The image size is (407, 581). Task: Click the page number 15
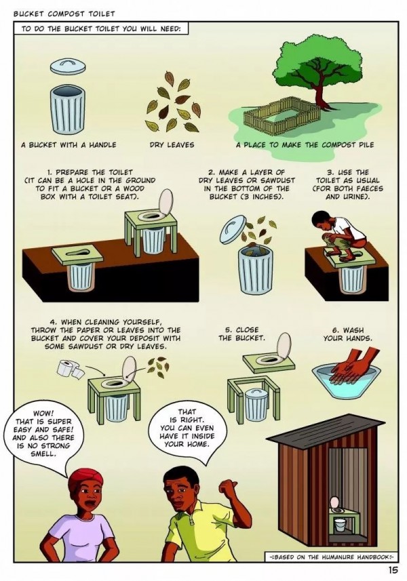click(x=393, y=571)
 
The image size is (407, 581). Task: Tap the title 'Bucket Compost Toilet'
click(x=64, y=14)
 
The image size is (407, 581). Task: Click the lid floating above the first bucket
click(x=68, y=66)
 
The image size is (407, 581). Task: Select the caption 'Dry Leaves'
click(x=172, y=144)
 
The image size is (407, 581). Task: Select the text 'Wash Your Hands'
click(x=348, y=334)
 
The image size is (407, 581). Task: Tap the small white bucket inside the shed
click(x=340, y=525)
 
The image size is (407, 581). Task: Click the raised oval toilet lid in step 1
click(x=166, y=202)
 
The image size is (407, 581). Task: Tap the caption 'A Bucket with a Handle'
click(x=69, y=144)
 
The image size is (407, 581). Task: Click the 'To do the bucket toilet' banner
click(x=101, y=28)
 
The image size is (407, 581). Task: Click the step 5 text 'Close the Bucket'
click(x=241, y=334)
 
